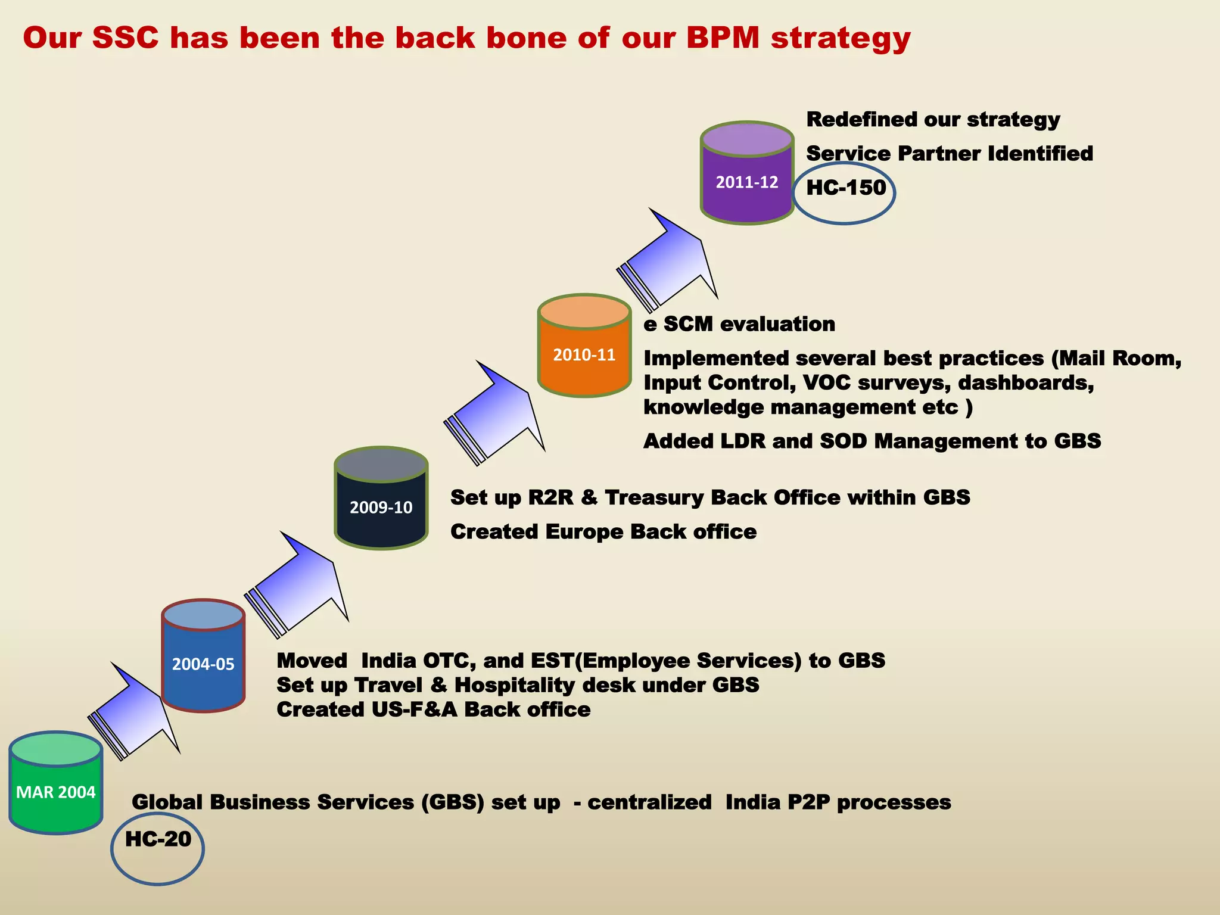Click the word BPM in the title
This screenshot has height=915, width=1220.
click(x=723, y=38)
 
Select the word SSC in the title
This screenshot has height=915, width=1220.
click(x=126, y=38)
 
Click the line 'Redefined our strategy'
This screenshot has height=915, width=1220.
click(x=933, y=120)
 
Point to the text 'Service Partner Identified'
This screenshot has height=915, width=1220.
click(x=950, y=154)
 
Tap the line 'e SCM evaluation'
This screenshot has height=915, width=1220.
click(x=739, y=324)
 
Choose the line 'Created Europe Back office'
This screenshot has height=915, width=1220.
click(x=603, y=531)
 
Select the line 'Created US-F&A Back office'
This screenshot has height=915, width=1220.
click(x=434, y=709)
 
